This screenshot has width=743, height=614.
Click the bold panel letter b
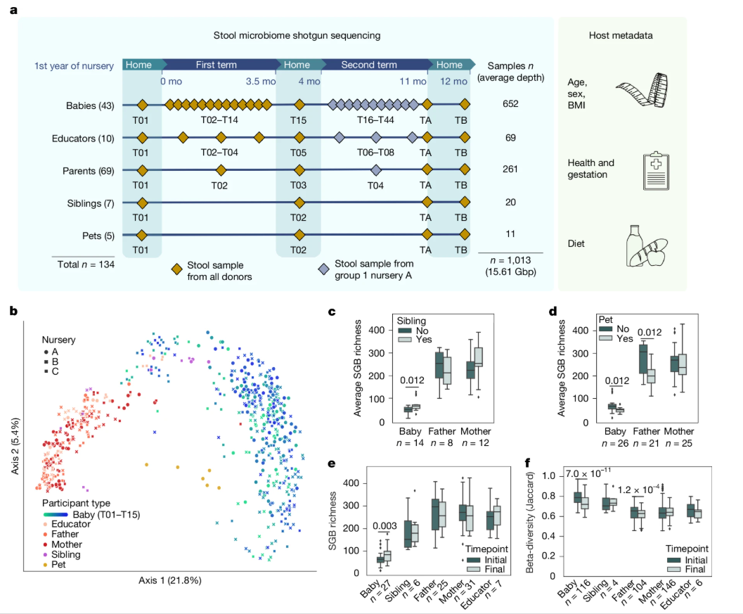pos(14,309)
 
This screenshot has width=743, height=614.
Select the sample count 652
pos(510,105)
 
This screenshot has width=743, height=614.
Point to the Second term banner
pos(368,65)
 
